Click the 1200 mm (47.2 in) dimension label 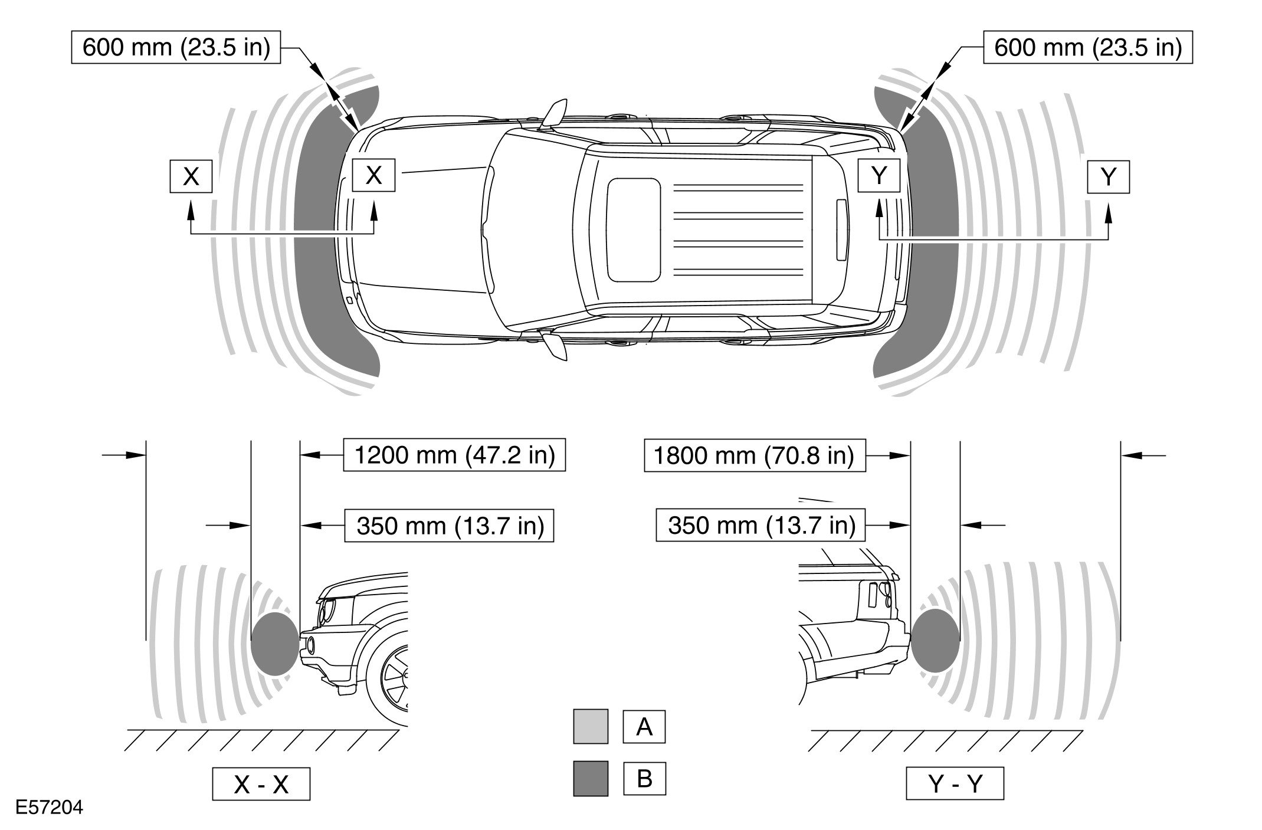click(x=454, y=455)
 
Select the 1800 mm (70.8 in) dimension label click(x=755, y=455)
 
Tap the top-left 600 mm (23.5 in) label click(x=176, y=47)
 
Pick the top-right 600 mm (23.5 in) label click(x=1087, y=47)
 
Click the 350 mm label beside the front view click(x=450, y=525)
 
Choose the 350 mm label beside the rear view click(x=761, y=525)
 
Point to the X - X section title click(x=261, y=784)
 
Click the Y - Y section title click(x=955, y=784)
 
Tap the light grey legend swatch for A click(x=590, y=726)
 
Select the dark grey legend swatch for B click(x=590, y=779)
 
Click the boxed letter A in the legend click(x=644, y=726)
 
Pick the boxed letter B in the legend click(x=644, y=779)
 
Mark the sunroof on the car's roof click(x=634, y=229)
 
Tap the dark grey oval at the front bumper click(x=274, y=644)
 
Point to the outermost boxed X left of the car click(x=191, y=176)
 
